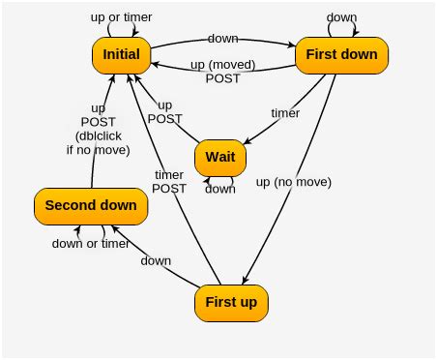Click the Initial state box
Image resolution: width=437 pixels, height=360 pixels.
pos(122,55)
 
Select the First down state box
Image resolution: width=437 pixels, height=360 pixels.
pos(341,54)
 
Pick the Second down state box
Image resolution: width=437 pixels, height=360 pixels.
pos(91,205)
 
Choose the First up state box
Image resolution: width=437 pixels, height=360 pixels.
pos(231,303)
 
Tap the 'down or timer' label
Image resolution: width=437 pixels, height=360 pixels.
pos(91,244)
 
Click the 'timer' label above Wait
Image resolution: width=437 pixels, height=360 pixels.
pos(283,113)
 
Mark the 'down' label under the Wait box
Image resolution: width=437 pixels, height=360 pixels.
pos(219,189)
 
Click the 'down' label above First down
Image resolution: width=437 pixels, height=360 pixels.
pos(341,17)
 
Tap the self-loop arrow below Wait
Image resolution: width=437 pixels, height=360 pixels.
pos(220,180)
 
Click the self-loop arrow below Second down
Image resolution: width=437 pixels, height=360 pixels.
pos(92,230)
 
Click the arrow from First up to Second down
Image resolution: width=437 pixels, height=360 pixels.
pos(155,254)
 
